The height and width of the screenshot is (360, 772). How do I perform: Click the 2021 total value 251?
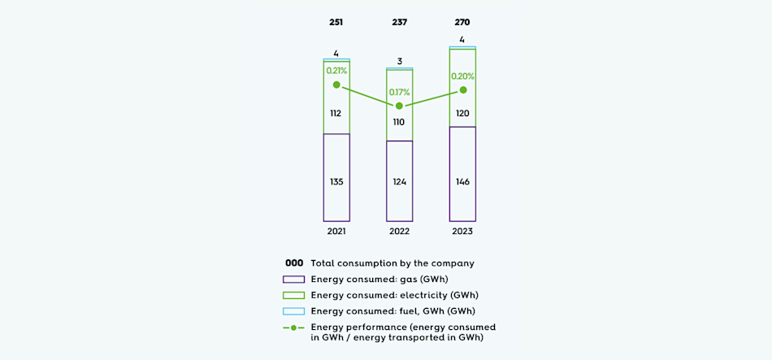pyautogui.click(x=336, y=22)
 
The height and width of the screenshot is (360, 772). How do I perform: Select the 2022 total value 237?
pyautogui.click(x=399, y=22)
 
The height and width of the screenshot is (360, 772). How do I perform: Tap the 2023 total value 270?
pyautogui.click(x=462, y=22)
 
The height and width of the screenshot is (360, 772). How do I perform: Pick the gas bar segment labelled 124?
pyautogui.click(x=399, y=181)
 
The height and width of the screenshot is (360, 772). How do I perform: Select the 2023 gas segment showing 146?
pyautogui.click(x=462, y=181)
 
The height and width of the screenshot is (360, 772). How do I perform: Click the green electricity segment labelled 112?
pyautogui.click(x=336, y=113)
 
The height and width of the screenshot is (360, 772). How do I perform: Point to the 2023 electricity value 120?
pyautogui.click(x=462, y=113)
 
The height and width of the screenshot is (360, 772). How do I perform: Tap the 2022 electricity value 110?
pyautogui.click(x=399, y=122)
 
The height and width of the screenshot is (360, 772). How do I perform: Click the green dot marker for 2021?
pyautogui.click(x=336, y=85)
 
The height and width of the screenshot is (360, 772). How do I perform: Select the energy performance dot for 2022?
pyautogui.click(x=399, y=106)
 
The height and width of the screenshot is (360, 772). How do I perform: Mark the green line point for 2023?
pyautogui.click(x=462, y=90)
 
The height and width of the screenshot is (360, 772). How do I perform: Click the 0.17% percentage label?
pyautogui.click(x=399, y=92)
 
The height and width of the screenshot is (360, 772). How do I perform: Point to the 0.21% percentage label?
pyautogui.click(x=336, y=71)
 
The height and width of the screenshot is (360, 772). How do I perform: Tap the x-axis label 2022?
pyautogui.click(x=399, y=232)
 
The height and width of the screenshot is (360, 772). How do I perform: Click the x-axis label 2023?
pyautogui.click(x=462, y=232)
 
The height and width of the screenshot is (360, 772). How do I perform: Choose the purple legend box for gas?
pyautogui.click(x=294, y=279)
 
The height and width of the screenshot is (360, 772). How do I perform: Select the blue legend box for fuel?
pyautogui.click(x=294, y=311)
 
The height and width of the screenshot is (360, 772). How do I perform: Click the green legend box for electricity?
pyautogui.click(x=294, y=295)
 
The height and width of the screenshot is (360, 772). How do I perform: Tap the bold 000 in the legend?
pyautogui.click(x=294, y=263)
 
